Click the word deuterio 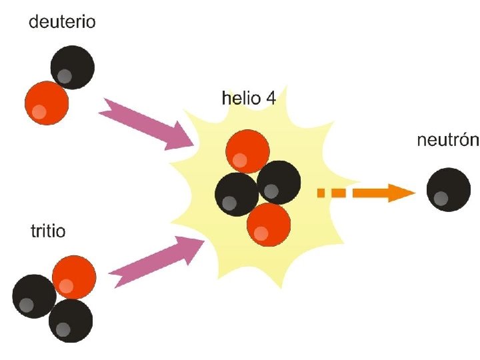(x=62, y=23)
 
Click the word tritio (x=48, y=231)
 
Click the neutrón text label (x=447, y=141)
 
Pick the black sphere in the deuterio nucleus (x=72, y=67)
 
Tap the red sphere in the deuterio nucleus (x=47, y=103)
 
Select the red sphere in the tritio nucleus (x=73, y=277)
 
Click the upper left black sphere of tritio (x=33, y=295)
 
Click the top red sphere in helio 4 (x=247, y=151)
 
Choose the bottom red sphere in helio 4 (x=269, y=225)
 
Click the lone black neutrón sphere (x=447, y=190)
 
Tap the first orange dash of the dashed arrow (x=321, y=193)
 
